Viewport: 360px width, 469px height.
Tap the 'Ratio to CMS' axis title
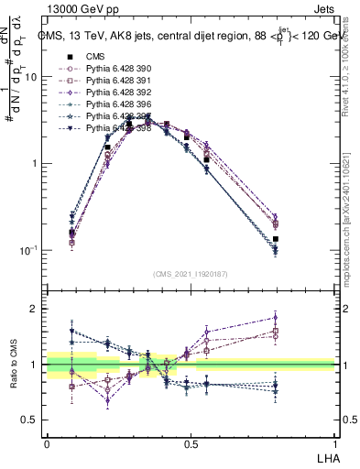12,365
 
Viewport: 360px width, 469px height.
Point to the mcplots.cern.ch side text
354,229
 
